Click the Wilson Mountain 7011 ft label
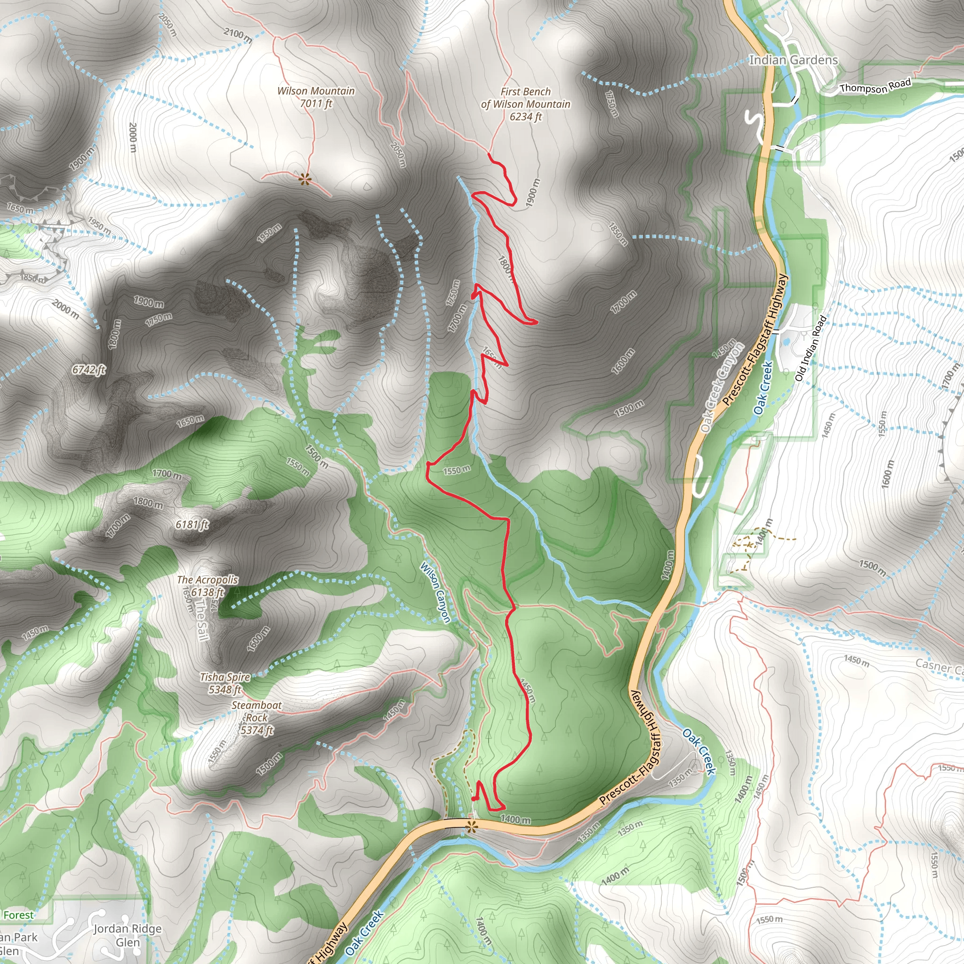point(316,97)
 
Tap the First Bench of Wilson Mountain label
point(525,104)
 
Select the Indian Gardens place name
point(793,60)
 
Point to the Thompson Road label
point(875,86)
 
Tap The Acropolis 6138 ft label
point(208,586)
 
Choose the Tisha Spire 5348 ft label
point(225,683)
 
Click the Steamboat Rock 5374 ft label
point(257,717)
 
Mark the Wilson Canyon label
point(435,592)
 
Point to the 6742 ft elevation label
point(89,370)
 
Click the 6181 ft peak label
point(192,524)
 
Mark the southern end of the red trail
point(473,799)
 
